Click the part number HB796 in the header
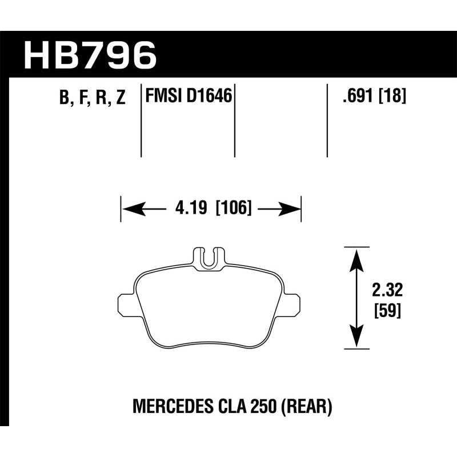click(90, 55)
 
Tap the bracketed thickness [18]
click(392, 97)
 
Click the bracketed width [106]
click(233, 210)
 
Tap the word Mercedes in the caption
click(167, 408)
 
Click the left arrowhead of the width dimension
click(129, 210)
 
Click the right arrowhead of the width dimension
click(292, 210)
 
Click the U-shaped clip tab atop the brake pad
click(209, 258)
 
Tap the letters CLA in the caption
click(231, 408)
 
